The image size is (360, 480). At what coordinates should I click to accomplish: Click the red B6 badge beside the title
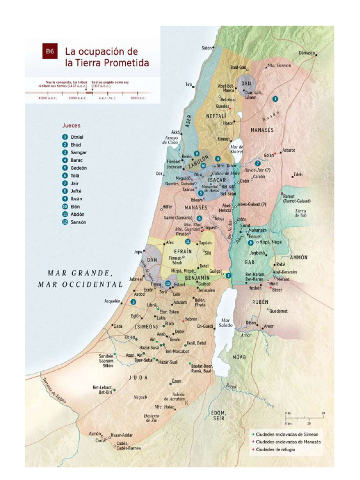(49, 51)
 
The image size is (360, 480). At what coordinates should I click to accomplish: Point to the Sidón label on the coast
(206, 47)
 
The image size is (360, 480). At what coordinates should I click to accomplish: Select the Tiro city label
(189, 84)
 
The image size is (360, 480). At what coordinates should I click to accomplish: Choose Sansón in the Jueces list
(78, 222)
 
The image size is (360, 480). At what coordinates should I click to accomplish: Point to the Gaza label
(118, 326)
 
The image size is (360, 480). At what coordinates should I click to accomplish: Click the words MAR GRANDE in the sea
(79, 273)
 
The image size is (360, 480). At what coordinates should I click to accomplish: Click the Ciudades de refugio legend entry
(276, 449)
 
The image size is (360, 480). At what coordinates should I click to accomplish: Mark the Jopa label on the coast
(138, 252)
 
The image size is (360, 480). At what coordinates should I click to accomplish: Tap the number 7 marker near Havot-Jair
(257, 163)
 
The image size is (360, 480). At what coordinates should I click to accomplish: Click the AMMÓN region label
(299, 257)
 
